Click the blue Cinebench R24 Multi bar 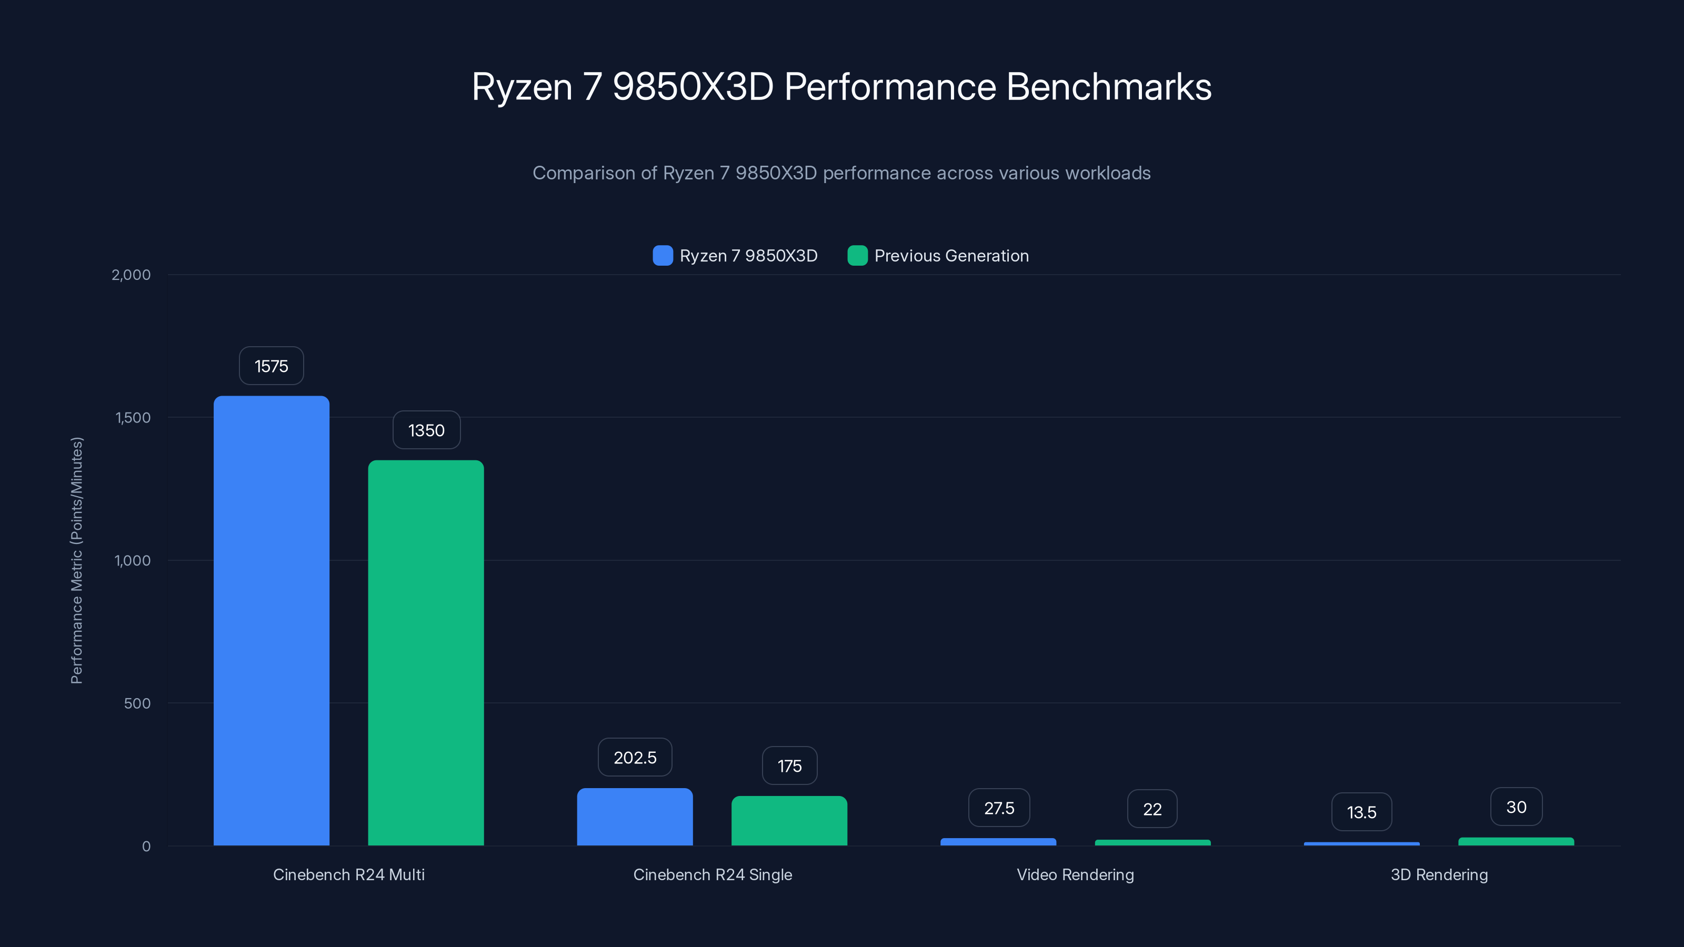click(272, 621)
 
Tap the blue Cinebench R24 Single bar click(635, 817)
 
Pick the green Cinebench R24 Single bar click(789, 820)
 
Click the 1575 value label click(272, 366)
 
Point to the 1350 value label click(426, 430)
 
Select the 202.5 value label click(635, 758)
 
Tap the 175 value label click(790, 766)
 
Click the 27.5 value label click(999, 809)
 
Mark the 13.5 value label click(1362, 812)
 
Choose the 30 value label click(1516, 807)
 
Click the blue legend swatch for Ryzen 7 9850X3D click(662, 256)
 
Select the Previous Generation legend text click(951, 256)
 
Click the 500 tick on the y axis click(137, 703)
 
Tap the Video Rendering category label click(1075, 874)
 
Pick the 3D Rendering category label click(1439, 874)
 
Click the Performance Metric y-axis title click(76, 560)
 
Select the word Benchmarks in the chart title click(1109, 87)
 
